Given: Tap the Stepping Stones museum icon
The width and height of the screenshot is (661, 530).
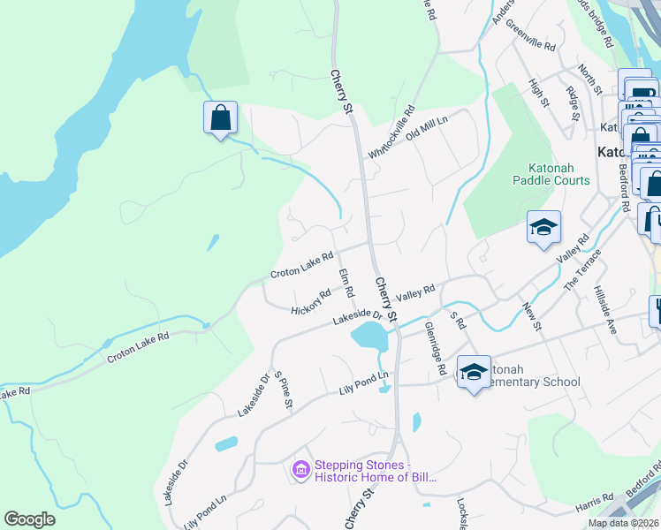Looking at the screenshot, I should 300,471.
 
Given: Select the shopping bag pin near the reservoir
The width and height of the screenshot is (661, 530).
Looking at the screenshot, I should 220,117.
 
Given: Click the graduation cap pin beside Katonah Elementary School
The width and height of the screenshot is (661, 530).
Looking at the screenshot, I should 475,372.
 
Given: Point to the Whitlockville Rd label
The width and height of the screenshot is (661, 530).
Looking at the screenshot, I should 391,133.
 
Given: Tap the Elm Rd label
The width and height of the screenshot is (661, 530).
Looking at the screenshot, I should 346,283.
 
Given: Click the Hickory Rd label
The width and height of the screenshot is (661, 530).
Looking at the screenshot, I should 311,300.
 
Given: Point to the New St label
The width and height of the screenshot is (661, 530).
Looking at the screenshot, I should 532,315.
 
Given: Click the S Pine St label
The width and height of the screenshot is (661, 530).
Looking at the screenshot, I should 283,389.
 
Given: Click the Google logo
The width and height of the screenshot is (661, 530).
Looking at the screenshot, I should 29,519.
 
